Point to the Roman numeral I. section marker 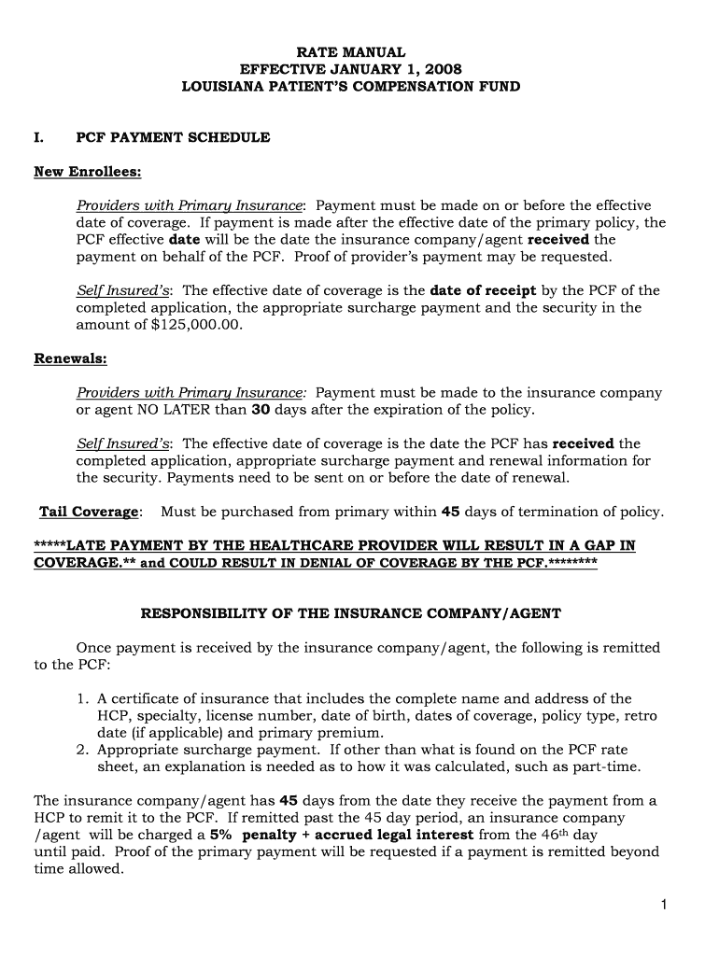[x=39, y=137]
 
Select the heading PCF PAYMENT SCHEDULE [x=173, y=137]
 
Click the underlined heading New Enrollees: [x=87, y=172]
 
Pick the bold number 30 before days [x=261, y=410]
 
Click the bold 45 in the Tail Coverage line [x=450, y=512]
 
